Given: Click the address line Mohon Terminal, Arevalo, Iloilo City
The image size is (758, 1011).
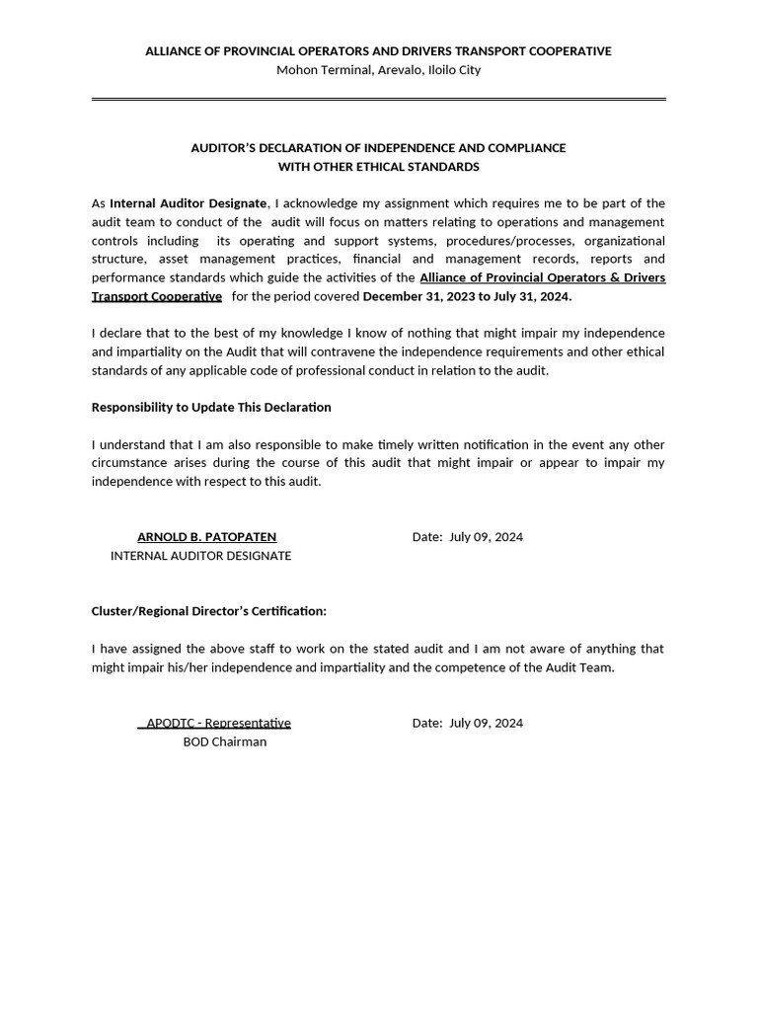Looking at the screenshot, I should point(378,70).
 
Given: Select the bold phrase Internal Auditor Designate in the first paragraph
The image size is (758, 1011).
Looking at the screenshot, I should point(188,203).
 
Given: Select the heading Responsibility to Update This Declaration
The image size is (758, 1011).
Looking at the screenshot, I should point(211,408).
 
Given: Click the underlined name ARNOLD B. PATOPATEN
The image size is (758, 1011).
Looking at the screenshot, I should point(206,537).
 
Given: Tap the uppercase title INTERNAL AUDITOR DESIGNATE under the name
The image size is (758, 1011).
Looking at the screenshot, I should point(200,556).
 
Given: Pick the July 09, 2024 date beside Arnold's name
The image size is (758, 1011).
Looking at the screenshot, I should point(486,537).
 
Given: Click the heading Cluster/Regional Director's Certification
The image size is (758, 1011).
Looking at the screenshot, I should point(208,611).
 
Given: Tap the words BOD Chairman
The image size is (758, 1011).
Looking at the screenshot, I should point(224,741).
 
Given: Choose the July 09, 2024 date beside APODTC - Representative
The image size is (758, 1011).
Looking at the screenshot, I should point(486,723).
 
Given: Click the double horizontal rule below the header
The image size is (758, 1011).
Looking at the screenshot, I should point(378,100).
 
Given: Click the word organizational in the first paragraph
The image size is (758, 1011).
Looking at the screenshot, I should point(624,241).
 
